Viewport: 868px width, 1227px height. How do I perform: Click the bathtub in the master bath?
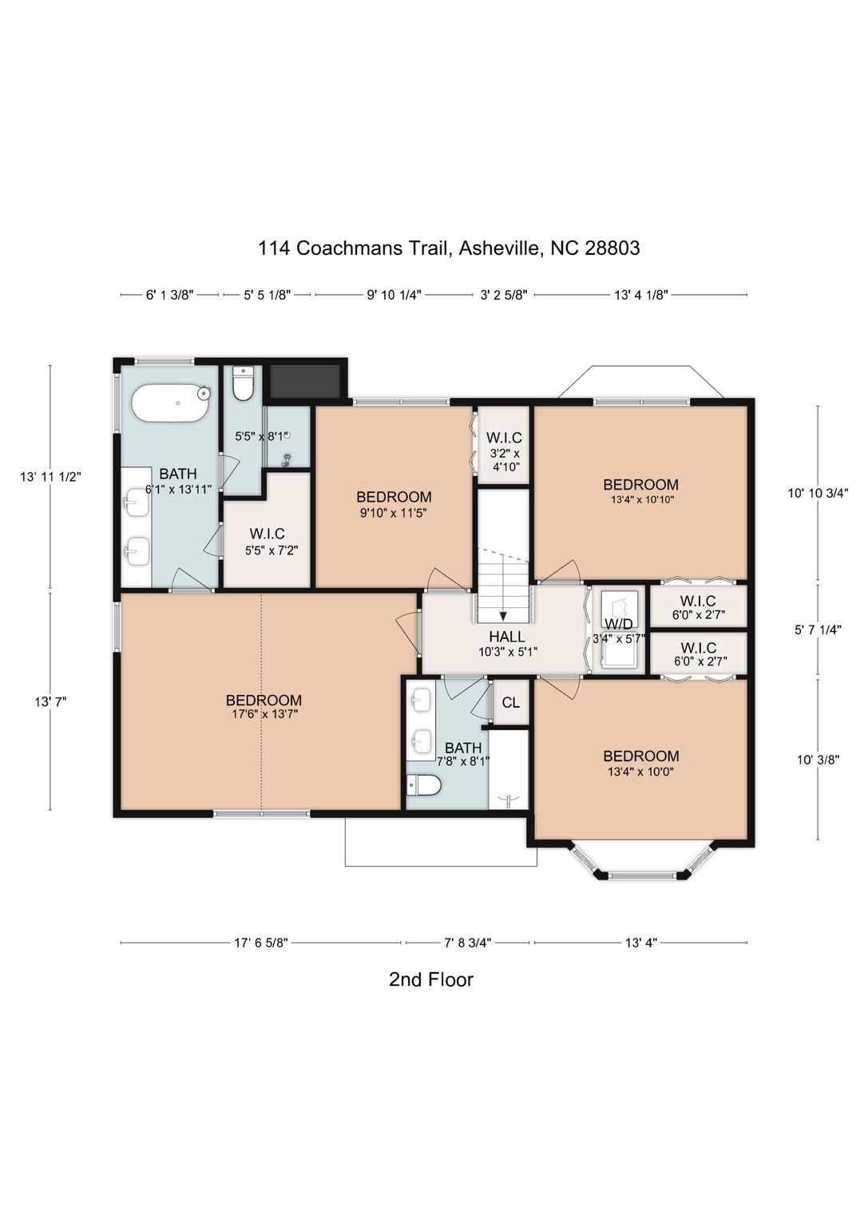click(x=170, y=403)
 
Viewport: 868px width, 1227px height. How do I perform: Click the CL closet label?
click(x=510, y=702)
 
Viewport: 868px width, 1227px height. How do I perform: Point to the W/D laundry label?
click(x=619, y=623)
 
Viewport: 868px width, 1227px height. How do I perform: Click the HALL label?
click(x=507, y=637)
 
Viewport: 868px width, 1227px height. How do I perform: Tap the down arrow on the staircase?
click(x=503, y=615)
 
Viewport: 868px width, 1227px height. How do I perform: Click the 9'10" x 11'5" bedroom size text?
click(x=394, y=513)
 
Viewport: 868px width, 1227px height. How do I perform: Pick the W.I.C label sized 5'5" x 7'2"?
click(x=267, y=534)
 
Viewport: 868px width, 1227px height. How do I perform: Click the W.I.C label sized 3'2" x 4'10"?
click(x=504, y=438)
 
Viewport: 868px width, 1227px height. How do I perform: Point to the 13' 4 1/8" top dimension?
click(x=640, y=295)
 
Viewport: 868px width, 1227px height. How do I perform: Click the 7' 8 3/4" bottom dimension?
click(x=467, y=943)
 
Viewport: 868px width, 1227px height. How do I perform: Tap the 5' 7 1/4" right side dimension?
click(x=817, y=629)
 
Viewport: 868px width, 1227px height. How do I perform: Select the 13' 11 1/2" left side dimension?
click(x=51, y=477)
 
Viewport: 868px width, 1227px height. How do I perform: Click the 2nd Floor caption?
click(x=431, y=979)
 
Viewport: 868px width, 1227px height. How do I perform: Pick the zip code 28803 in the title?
click(x=612, y=248)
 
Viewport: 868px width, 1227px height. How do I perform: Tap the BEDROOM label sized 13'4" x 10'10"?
click(x=640, y=484)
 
